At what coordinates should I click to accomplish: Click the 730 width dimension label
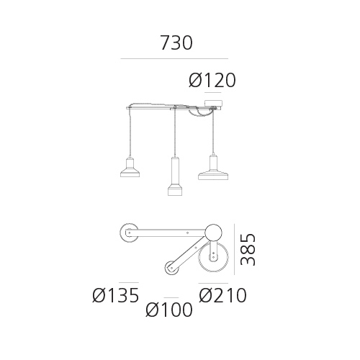[176, 42]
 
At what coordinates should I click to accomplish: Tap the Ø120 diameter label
[212, 80]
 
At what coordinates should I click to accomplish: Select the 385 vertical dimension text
[248, 249]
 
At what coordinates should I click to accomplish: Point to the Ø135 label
[116, 295]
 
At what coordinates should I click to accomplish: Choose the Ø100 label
[169, 310]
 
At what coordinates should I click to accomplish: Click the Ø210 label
[222, 295]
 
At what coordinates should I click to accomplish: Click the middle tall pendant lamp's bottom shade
[176, 189]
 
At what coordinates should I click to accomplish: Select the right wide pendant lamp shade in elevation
[213, 175]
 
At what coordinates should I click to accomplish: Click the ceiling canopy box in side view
[213, 104]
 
